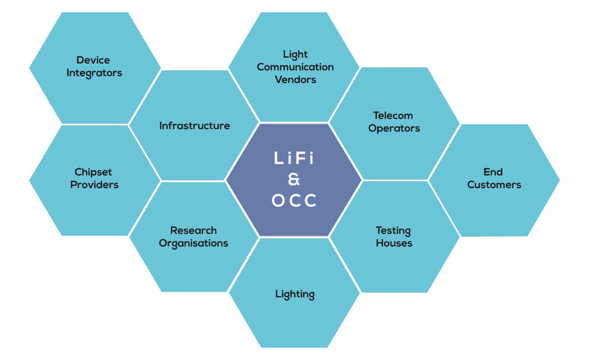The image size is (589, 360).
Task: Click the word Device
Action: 93,60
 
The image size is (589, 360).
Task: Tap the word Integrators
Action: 94,73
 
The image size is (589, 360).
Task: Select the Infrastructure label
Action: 194,126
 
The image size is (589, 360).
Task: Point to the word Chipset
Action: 93,172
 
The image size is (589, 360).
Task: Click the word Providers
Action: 94,185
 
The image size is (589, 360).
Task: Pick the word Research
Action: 193,230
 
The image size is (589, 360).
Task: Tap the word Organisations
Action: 193,243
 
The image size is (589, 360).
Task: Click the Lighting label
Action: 294,295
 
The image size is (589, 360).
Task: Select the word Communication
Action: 295,67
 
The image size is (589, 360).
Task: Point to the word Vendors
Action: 295,80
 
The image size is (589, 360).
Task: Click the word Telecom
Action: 393,115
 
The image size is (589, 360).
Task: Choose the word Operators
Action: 394,128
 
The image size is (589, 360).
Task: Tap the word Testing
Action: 393,230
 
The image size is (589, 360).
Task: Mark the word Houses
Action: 394,243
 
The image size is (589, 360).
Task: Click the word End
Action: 493,172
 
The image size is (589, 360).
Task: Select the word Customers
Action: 494,185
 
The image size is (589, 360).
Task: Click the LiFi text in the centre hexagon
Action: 294,159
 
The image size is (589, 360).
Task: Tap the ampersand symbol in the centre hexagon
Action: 294,180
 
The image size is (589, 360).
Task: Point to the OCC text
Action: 294,201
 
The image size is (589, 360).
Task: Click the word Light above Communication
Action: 295,54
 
